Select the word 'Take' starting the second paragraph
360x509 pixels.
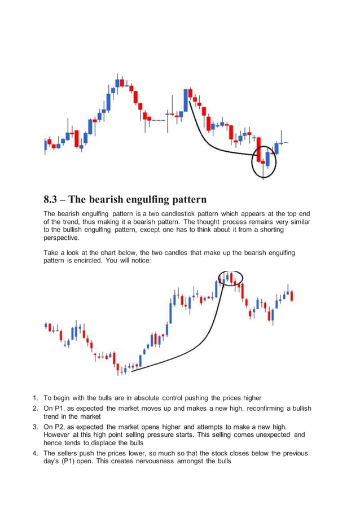pos(52,254)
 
